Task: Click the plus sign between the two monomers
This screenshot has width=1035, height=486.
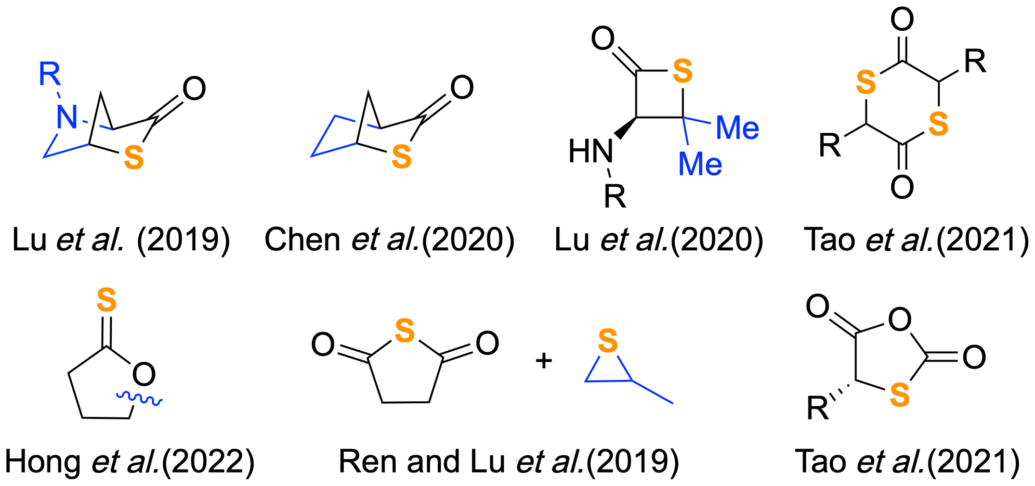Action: click(x=543, y=361)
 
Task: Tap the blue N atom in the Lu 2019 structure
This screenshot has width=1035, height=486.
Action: click(x=67, y=117)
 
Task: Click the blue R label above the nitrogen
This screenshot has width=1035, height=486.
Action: click(x=50, y=74)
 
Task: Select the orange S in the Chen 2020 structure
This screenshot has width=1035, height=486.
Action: click(x=401, y=157)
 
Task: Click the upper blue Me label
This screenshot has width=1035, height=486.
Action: click(x=737, y=128)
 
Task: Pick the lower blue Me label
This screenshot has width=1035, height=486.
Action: click(x=700, y=164)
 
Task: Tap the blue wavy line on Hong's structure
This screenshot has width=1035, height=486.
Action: click(x=139, y=399)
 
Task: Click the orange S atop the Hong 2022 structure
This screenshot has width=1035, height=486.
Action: click(x=106, y=300)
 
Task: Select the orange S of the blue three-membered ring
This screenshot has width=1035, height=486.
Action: click(x=608, y=341)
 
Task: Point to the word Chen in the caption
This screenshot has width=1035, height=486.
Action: click(x=302, y=240)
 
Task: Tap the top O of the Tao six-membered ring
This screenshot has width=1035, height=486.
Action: click(x=902, y=20)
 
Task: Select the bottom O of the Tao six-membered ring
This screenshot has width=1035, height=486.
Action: click(x=902, y=187)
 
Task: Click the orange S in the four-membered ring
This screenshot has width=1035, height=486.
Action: click(x=683, y=71)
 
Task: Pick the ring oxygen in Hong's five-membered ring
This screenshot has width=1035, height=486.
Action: click(x=143, y=374)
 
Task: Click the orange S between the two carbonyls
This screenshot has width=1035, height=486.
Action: click(x=404, y=331)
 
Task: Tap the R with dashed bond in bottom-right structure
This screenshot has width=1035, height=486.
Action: click(x=818, y=408)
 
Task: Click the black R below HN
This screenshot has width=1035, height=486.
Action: click(x=615, y=196)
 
